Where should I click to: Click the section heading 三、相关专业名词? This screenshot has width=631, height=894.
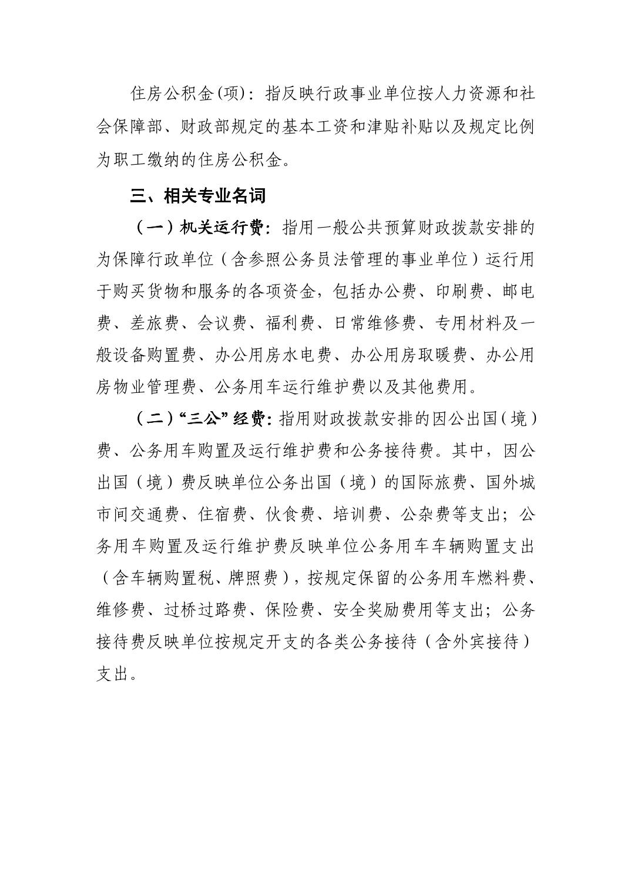pyautogui.click(x=197, y=196)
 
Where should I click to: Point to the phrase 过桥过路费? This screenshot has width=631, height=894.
pyautogui.click(x=205, y=611)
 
